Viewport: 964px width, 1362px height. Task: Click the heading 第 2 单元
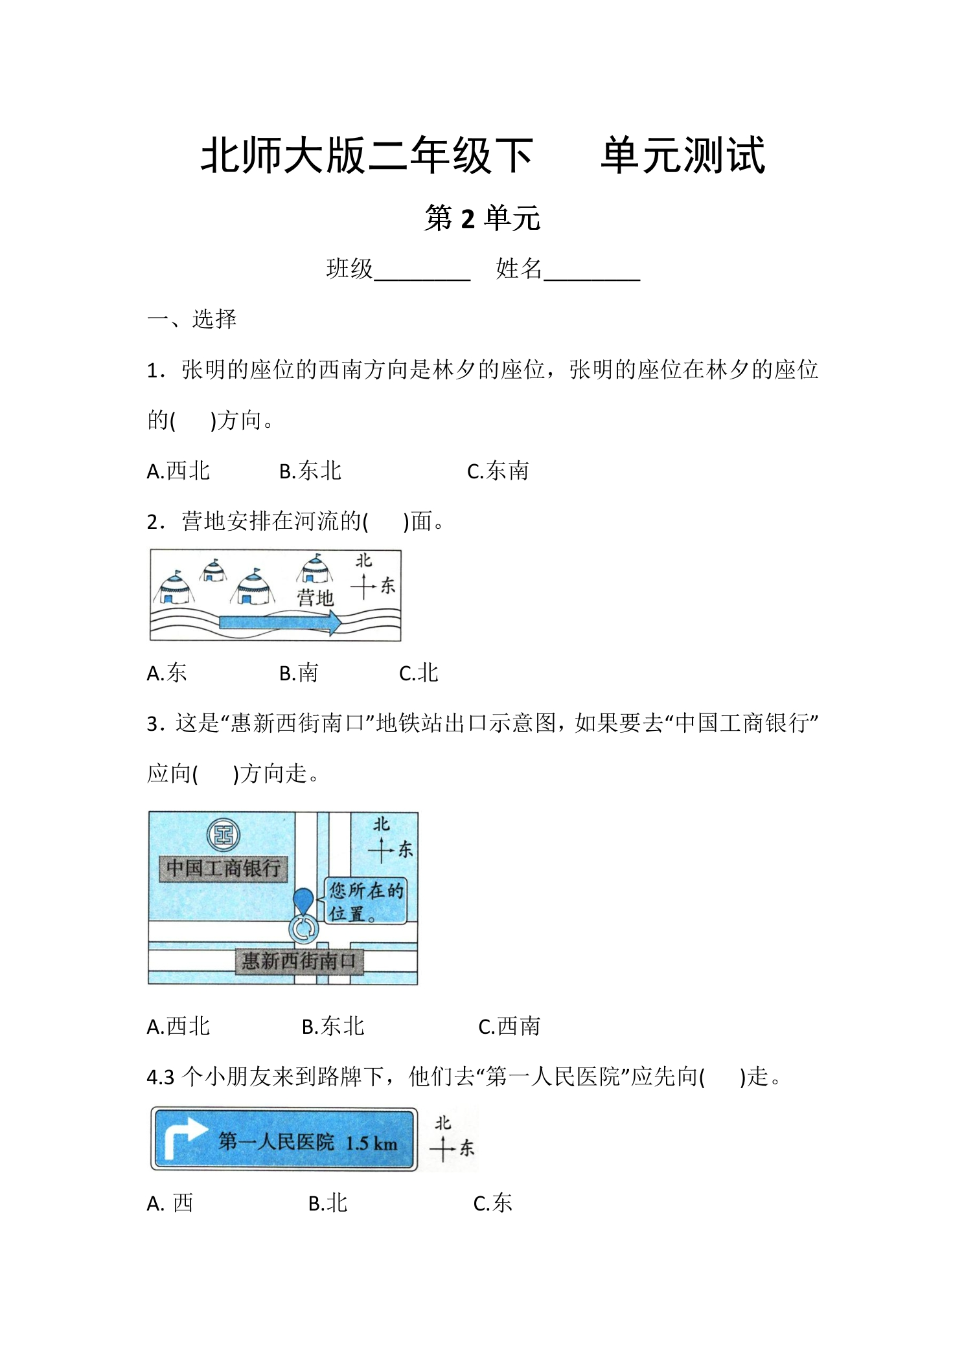click(482, 218)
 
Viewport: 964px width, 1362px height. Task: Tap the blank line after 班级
click(422, 280)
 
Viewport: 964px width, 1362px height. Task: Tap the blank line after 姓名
click(592, 280)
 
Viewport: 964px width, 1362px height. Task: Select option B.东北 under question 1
click(310, 471)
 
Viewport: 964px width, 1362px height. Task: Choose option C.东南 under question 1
click(498, 471)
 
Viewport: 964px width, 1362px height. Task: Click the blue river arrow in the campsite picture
click(280, 623)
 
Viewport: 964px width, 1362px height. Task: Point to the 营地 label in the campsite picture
click(316, 597)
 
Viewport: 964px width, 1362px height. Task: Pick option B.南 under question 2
click(299, 673)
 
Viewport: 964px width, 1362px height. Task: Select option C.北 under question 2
click(419, 673)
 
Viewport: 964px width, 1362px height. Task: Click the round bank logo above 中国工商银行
click(224, 835)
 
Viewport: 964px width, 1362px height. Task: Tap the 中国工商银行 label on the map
click(223, 868)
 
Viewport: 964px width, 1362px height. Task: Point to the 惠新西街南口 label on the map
click(299, 961)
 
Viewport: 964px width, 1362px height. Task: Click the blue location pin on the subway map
click(303, 902)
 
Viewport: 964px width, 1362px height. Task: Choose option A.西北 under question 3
click(178, 1027)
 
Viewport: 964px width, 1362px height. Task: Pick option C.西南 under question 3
click(509, 1027)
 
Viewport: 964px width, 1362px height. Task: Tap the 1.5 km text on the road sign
click(371, 1143)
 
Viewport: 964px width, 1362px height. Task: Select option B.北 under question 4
click(328, 1203)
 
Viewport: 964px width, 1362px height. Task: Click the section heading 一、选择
click(192, 319)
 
